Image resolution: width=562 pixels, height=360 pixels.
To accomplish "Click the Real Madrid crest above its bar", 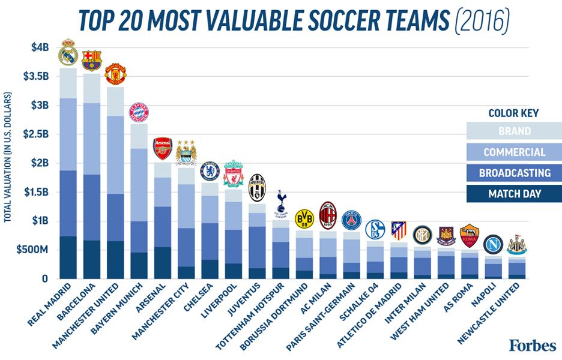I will (x=68, y=53).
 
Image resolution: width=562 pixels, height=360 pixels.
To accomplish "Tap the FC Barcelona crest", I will (x=92, y=61).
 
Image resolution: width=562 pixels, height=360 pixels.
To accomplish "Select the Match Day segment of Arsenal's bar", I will (x=163, y=263).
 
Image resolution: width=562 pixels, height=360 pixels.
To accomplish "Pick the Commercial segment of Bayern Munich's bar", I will (x=139, y=185).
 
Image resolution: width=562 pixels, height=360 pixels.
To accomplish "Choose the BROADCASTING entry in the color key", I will (x=514, y=173).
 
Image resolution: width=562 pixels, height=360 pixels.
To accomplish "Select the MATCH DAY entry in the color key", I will (x=514, y=194).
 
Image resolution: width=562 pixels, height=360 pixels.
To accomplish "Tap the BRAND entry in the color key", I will (x=514, y=131).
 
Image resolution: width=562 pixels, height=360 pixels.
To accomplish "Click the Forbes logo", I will (x=532, y=346).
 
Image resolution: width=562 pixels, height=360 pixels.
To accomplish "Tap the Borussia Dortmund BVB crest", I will (x=305, y=219).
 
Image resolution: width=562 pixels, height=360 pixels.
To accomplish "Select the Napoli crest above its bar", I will (x=493, y=244).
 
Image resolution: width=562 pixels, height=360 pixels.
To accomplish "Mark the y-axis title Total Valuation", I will (x=8, y=157).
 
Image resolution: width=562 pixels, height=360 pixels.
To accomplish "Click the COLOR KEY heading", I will (x=513, y=113).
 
